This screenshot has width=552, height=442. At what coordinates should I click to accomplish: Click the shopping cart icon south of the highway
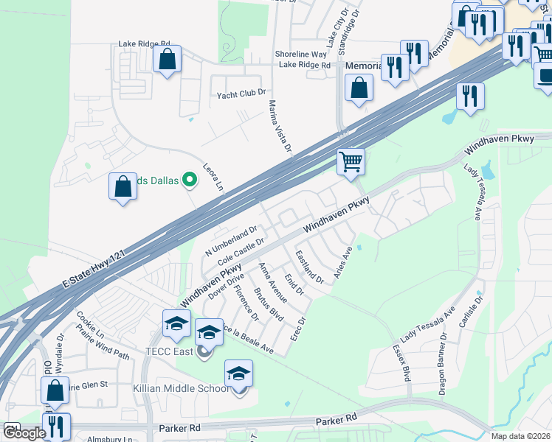click(x=351, y=161)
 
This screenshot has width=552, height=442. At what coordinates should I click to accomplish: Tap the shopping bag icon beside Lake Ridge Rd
click(x=168, y=59)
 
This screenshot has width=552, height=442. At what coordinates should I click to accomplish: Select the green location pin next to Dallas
click(x=190, y=179)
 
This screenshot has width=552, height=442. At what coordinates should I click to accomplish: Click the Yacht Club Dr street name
click(x=241, y=94)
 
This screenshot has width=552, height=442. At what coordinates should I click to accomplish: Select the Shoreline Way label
click(x=300, y=55)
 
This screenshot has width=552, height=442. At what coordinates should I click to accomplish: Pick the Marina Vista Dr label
click(x=280, y=127)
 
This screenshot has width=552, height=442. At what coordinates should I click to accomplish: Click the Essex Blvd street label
click(x=401, y=363)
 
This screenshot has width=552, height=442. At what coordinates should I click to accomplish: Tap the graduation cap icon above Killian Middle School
click(x=238, y=373)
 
